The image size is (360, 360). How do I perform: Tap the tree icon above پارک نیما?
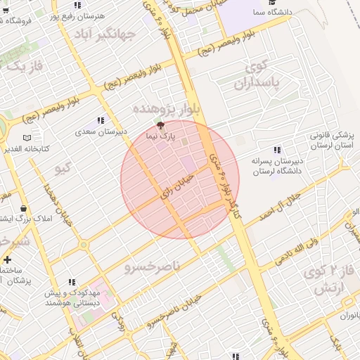[x=162, y=125]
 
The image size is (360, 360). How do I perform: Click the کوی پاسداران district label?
[x=262, y=76]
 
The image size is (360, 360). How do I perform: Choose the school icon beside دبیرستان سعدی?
[x=101, y=120]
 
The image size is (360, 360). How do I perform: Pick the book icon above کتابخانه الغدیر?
[x=27, y=138]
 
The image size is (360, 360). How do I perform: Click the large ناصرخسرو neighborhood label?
[x=153, y=266]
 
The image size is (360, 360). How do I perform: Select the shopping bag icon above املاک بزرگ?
[x=25, y=209]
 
